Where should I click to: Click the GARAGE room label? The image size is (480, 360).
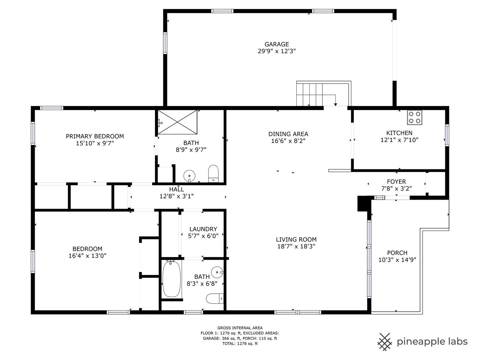pos(276,44)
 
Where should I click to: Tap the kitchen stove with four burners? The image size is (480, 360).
pos(414,117)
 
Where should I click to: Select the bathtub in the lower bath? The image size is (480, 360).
pos(172,279)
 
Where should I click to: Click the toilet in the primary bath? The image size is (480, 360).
pos(213,174)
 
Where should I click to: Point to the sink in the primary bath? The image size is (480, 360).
pos(189,176)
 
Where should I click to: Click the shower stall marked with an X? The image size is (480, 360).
pos(177,122)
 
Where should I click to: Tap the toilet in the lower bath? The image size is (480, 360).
pos(215,299)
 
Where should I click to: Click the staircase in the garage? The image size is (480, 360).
pos(324,94)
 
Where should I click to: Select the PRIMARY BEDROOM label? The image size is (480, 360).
pos(95,136)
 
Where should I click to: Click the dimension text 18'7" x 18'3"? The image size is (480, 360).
pos(296,246)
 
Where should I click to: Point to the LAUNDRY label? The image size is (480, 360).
pos(203,229)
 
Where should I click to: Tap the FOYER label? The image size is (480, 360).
pos(396,182)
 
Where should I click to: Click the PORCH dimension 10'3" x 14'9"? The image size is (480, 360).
pos(397,260)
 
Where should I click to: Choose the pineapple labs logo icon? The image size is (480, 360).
pos(385,342)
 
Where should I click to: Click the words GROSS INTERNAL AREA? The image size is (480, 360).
pos(240,328)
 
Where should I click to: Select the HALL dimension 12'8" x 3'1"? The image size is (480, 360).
pos(176,196)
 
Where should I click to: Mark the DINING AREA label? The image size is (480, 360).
pos(288,134)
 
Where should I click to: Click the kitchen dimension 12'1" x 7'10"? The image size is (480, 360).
pos(399,140)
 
